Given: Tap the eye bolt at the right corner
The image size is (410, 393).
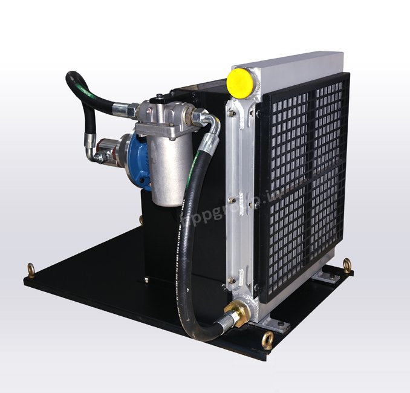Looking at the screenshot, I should (x=347, y=264).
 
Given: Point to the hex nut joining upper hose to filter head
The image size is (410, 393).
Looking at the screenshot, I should (x=131, y=109).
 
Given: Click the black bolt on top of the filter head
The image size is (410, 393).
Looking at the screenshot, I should (x=159, y=96).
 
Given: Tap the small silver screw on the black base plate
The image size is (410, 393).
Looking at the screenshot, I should (x=147, y=279).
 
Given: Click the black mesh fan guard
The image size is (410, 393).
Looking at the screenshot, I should (x=302, y=181).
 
